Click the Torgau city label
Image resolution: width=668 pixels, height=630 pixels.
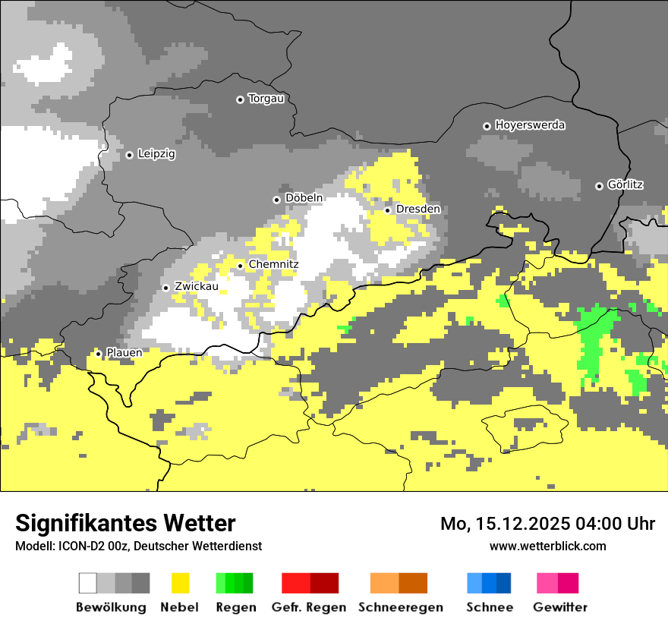pyautogui.click(x=266, y=99)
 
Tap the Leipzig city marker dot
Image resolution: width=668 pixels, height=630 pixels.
pyautogui.click(x=130, y=155)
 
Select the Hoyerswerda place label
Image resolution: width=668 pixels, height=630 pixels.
pyautogui.click(x=530, y=125)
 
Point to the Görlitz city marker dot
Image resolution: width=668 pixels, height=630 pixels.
pyautogui.click(x=599, y=186)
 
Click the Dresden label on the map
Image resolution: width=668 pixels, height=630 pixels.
pyautogui.click(x=417, y=209)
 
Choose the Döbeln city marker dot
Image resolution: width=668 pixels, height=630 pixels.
pyautogui.click(x=277, y=200)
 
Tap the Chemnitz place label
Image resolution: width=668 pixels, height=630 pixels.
pyautogui.click(x=273, y=264)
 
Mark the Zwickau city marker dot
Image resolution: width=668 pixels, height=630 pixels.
pyautogui.click(x=166, y=288)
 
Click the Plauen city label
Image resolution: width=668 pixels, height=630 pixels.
pyautogui.click(x=124, y=353)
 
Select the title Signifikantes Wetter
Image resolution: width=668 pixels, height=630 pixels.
pyautogui.click(x=125, y=523)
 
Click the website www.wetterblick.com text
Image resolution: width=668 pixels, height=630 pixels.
pyautogui.click(x=547, y=546)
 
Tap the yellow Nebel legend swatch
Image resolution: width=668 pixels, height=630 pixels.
pyautogui.click(x=180, y=583)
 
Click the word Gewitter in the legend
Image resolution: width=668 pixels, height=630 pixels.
pyautogui.click(x=559, y=607)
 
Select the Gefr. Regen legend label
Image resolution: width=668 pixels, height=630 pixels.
pyautogui.click(x=309, y=607)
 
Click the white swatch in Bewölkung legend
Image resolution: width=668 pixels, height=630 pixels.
pyautogui.click(x=88, y=583)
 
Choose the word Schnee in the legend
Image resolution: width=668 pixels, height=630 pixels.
pyautogui.click(x=489, y=607)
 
